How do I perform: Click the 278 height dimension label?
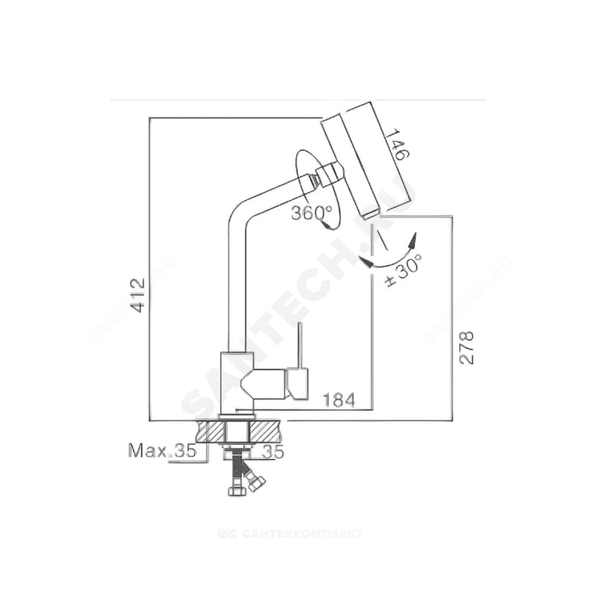point(466,347)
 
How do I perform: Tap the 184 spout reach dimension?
point(339,400)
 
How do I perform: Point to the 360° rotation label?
point(312,213)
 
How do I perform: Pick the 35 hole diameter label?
point(273,452)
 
